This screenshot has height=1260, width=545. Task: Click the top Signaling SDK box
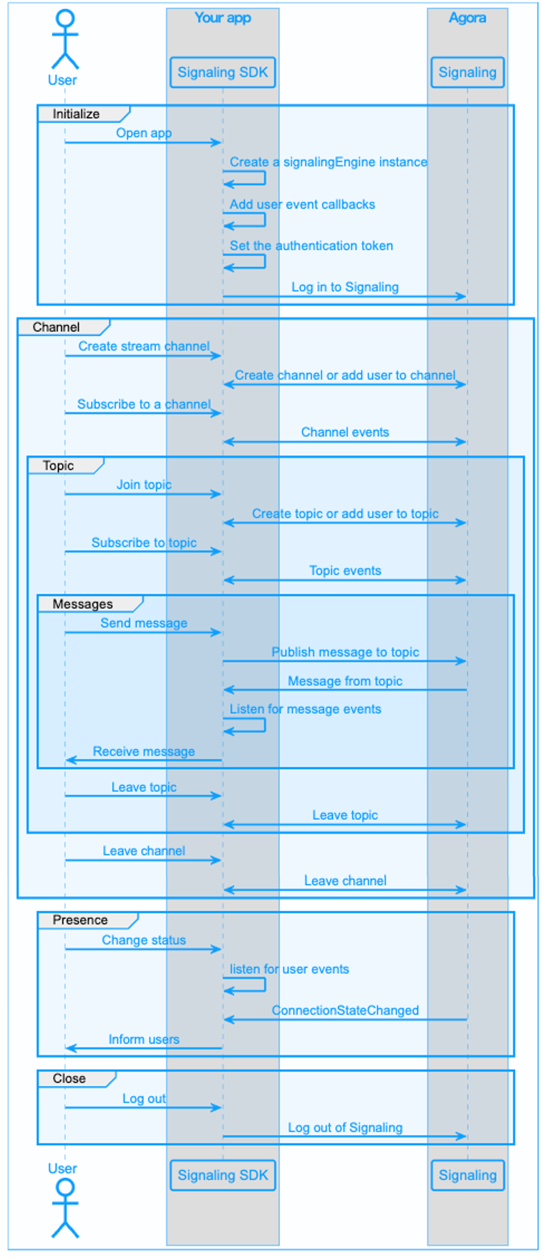point(223,72)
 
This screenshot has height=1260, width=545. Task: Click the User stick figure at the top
point(65,39)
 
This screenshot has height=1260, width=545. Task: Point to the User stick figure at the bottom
point(65,1208)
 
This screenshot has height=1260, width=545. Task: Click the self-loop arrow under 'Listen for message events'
point(265,725)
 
